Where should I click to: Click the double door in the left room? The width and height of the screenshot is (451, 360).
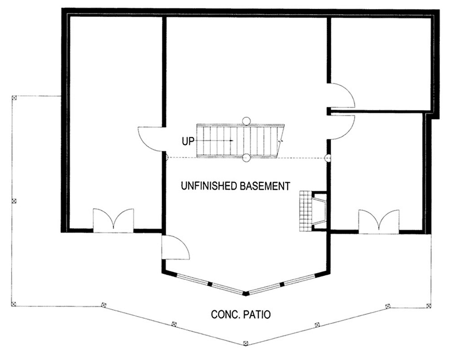113,220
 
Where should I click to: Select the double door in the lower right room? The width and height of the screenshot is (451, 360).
378,221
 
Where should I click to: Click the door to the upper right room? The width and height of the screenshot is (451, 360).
342,95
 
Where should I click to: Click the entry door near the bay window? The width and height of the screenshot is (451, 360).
175,247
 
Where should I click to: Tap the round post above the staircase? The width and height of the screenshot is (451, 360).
246,120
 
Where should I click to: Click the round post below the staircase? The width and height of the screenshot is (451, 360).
246,158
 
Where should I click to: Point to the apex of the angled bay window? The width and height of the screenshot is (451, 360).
245,293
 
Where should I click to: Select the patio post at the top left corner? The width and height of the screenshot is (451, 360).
13,98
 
